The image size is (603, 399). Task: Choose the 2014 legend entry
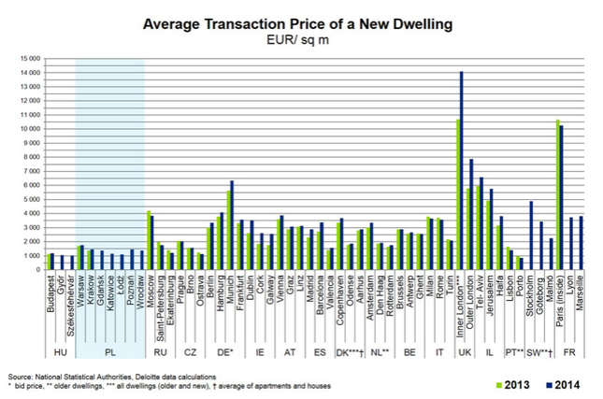pos(562,384)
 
